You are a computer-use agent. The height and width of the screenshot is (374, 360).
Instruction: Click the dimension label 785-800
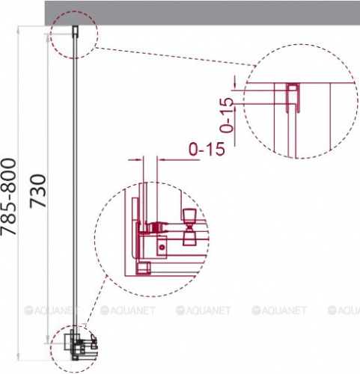(8, 197)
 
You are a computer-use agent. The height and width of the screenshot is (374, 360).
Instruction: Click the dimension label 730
(38, 191)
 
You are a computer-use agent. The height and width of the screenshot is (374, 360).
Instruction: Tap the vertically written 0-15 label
(227, 114)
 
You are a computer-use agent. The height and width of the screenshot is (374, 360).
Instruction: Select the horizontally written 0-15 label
(207, 149)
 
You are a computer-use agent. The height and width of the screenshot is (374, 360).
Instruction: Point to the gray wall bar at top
(202, 13)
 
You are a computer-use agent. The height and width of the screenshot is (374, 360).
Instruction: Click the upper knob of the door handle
(189, 216)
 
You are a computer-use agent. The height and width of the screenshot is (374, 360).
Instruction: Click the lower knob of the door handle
(189, 237)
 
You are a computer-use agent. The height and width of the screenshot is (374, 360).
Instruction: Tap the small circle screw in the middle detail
(162, 248)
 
